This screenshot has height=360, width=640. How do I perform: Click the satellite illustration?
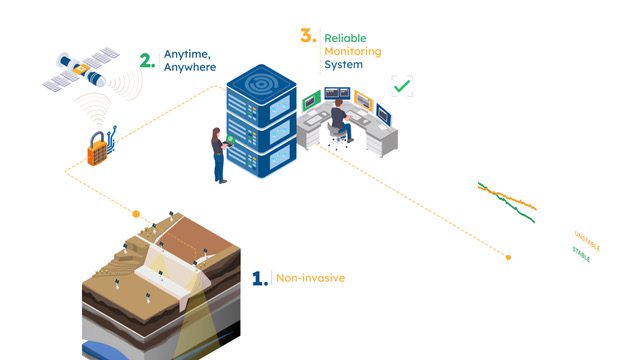click(81, 69)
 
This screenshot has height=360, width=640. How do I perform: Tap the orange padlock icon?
click(98, 149)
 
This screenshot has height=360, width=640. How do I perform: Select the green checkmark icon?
click(402, 86)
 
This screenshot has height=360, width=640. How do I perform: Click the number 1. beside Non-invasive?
click(260, 278)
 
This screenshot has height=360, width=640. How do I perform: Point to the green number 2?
click(147, 61)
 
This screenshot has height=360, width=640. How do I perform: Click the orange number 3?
click(308, 36)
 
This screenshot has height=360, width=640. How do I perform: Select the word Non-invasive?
click(310, 278)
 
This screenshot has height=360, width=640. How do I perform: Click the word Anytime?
click(187, 54)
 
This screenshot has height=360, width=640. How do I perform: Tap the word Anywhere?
click(190, 67)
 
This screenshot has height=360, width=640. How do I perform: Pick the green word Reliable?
click(345, 38)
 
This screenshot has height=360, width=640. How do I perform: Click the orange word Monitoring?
click(353, 52)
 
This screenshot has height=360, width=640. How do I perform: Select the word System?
click(343, 64)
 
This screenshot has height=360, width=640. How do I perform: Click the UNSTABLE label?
click(587, 241)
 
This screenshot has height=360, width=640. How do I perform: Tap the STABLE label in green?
click(581, 254)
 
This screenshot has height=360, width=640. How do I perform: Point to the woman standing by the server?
click(220, 155)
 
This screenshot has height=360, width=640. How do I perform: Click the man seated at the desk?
click(340, 121)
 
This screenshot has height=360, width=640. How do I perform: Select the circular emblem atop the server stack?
click(261, 84)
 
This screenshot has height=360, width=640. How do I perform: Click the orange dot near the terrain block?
click(136, 214)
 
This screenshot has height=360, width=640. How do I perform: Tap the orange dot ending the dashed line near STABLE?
click(508, 257)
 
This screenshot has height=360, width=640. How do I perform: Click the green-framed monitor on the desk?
click(311, 101)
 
